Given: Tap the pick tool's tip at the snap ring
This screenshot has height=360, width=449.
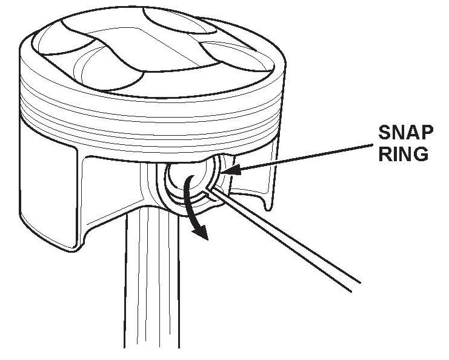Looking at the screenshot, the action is point(209,188).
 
